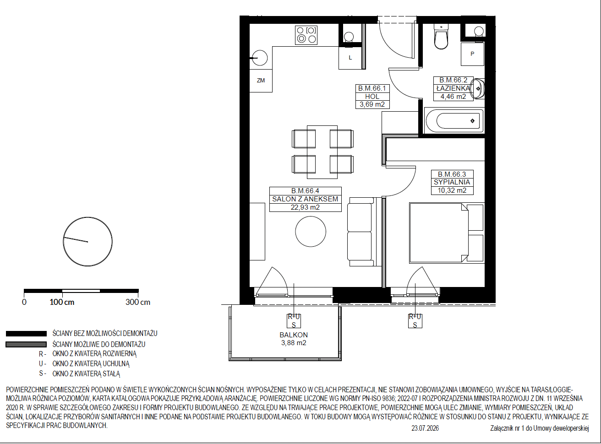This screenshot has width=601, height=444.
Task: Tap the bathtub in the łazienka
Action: point(454,121)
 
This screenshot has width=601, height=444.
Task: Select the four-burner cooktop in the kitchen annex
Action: point(306,35)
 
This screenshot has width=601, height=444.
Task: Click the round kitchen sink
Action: point(260,58)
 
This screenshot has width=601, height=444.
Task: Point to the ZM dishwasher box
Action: point(261,81)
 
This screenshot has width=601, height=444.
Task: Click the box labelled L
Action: point(350,58)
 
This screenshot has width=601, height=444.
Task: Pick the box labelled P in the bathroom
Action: point(472,54)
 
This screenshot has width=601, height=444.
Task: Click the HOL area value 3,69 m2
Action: point(372,104)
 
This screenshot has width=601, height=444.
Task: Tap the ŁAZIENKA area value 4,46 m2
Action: point(453,97)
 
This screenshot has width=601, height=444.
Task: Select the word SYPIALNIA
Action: point(452,182)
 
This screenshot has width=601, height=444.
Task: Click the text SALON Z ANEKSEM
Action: point(305,199)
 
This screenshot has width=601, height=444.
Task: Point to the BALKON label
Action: point(294,335)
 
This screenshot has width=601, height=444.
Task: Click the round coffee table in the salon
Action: point(311,232)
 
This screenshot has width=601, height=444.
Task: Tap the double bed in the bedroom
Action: point(447,233)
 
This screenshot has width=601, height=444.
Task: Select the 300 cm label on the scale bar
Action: point(137,302)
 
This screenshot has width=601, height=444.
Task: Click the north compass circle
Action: point(87,242)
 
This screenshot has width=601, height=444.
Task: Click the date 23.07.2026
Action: point(425,428)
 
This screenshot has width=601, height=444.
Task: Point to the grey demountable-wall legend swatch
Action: point(26,345)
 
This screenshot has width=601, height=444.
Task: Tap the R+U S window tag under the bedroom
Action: point(415,321)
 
